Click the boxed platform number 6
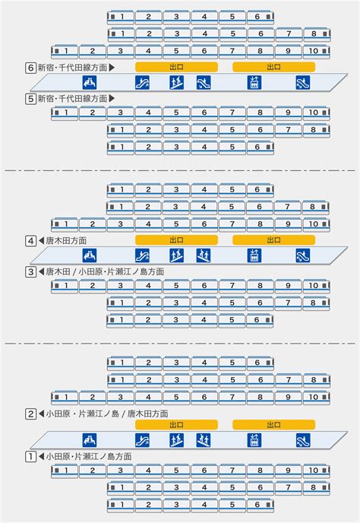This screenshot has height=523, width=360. tap(30, 68)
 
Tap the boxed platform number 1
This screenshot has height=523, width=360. tap(30, 457)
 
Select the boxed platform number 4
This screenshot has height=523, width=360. tap(30, 241)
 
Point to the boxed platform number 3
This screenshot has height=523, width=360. tap(30, 272)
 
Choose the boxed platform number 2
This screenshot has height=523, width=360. tap(30, 414)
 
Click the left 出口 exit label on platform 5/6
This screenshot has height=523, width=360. tap(176, 67)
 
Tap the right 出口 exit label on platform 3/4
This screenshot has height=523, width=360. tap(273, 240)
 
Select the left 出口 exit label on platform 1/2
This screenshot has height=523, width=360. tap(176, 425)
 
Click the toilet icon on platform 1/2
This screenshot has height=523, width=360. tap(90, 440)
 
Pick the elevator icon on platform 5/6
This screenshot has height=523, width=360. tap(254, 82)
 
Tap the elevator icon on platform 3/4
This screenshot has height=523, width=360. tap(254, 255)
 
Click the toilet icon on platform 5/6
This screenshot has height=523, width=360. tap(90, 82)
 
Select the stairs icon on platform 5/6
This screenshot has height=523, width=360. tap(176, 82)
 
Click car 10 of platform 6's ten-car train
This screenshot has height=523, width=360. tap(317, 52)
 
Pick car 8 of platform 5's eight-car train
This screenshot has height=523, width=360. tap(317, 130)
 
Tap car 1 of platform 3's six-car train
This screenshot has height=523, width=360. tap(120, 320)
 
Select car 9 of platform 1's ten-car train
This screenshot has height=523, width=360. tap(289, 471)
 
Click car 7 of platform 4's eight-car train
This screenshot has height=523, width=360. tap(287, 207)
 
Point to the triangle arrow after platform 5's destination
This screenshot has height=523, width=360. tap(112, 98)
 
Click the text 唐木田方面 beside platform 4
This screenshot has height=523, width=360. tap(66, 241)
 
